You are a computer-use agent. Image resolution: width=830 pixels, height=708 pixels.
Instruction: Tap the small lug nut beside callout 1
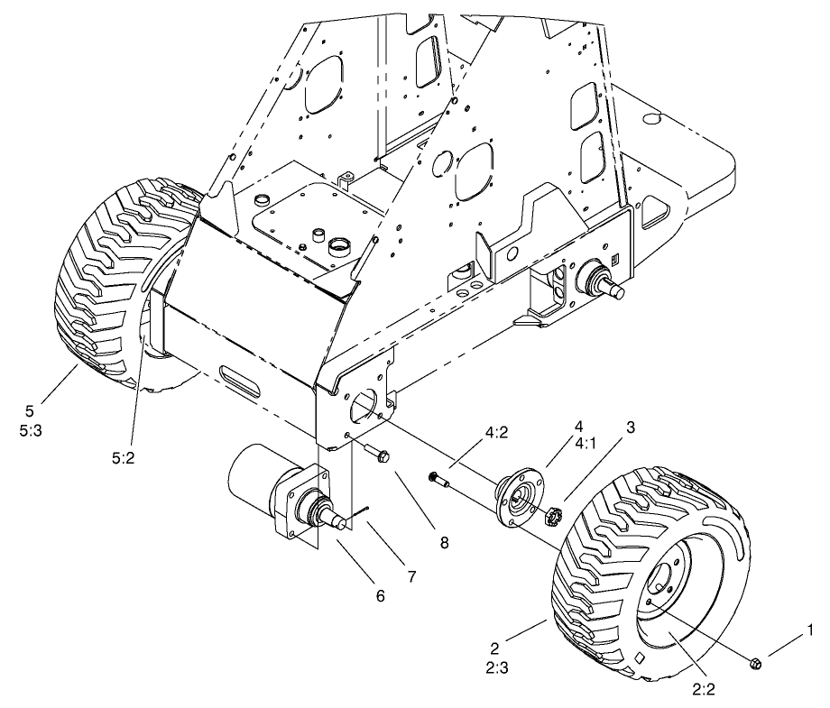(x=756, y=664)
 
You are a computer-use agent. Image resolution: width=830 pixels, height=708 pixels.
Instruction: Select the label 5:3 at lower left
(x=29, y=432)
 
